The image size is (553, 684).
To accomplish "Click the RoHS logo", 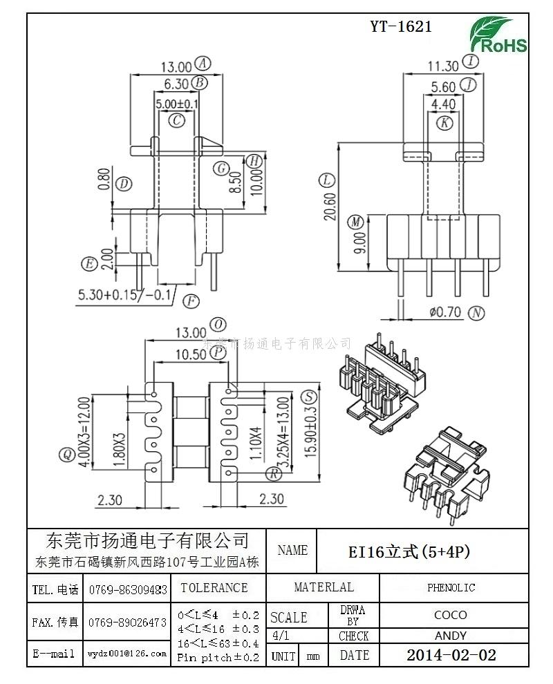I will click(498, 35).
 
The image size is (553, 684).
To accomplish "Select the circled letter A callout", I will click(203, 64).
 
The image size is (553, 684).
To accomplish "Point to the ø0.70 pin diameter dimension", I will click(444, 312).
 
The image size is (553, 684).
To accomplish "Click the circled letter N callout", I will click(476, 312).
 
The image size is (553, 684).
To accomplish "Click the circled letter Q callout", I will click(67, 454).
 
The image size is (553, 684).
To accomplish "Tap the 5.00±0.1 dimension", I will click(177, 104).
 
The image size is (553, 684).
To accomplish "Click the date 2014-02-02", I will click(451, 655).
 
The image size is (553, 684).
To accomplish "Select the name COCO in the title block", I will click(450, 614).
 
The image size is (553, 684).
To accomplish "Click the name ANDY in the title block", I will click(450, 636).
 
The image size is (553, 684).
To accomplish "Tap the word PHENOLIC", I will click(451, 588).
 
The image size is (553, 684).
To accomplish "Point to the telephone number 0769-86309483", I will click(128, 589).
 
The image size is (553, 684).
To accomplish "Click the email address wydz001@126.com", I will click(127, 653).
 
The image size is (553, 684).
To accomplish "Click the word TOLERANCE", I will click(214, 588).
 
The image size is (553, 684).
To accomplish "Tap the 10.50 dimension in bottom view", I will click(191, 354).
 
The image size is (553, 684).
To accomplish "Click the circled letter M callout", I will click(355, 222).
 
